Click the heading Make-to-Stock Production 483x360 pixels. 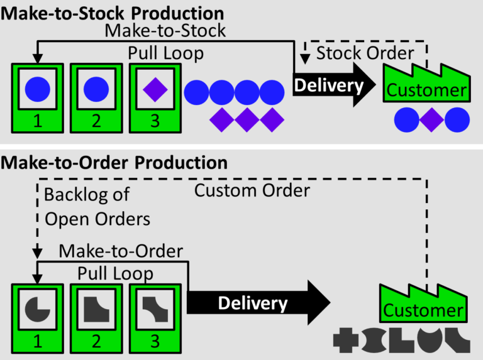(113, 12)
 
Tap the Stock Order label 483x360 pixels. (365, 53)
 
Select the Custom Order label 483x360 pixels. (252, 190)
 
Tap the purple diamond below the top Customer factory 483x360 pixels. (431, 118)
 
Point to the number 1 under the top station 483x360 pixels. (37, 122)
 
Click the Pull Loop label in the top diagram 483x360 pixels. (166, 53)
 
